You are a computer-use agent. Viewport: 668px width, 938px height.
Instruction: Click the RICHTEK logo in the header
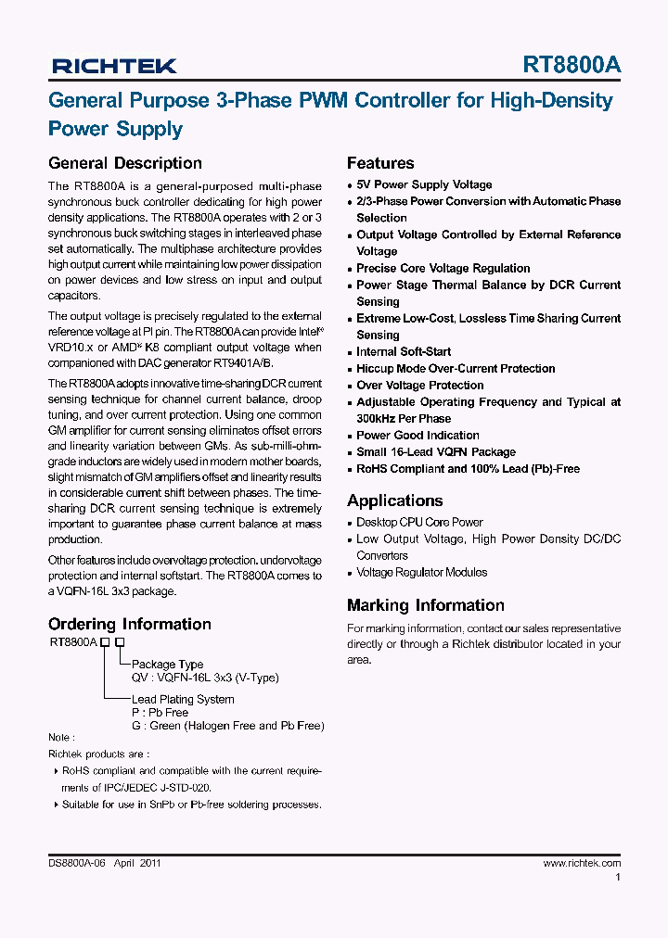point(114,66)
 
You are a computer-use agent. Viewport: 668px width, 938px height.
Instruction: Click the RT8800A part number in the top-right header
point(572,65)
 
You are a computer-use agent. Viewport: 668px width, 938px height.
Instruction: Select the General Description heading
point(124,163)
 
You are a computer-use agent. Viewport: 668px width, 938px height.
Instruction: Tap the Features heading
point(380,163)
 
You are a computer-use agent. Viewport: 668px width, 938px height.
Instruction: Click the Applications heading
point(394,501)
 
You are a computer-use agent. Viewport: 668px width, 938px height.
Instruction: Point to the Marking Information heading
point(425,605)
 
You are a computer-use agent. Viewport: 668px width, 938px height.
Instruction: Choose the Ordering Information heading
point(129,624)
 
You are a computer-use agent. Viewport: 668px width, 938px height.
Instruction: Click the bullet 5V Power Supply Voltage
point(424,184)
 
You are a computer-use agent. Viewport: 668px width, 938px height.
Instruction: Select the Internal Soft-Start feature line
point(404,351)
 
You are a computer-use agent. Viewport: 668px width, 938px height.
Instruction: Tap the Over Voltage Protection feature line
point(419,385)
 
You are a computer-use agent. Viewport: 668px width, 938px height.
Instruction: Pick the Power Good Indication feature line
point(417,435)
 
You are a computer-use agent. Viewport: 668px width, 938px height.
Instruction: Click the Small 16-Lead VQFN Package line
point(435,451)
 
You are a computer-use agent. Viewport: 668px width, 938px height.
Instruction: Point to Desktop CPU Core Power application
point(419,522)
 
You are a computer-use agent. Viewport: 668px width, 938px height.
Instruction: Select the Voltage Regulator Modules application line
point(421,572)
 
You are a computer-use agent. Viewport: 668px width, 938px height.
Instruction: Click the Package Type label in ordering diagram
point(167,664)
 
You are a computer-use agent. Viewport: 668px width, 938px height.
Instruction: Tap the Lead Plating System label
point(183,699)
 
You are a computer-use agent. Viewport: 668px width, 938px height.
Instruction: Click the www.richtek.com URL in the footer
point(581,863)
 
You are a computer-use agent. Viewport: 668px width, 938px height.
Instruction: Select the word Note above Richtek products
point(58,740)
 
